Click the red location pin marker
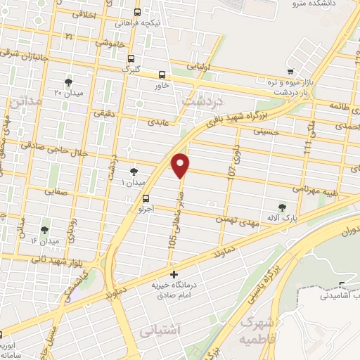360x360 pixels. (x=181, y=165)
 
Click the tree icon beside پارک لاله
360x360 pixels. (x=283, y=207)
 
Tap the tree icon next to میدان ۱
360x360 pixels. (x=134, y=171)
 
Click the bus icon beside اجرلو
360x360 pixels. (x=146, y=198)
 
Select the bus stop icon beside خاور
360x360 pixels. (x=162, y=75)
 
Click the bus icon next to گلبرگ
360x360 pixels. (x=131, y=59)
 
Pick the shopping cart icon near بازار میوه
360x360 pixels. (x=290, y=71)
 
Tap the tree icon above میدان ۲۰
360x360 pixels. (x=68, y=82)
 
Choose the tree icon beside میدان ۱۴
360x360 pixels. (x=44, y=230)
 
